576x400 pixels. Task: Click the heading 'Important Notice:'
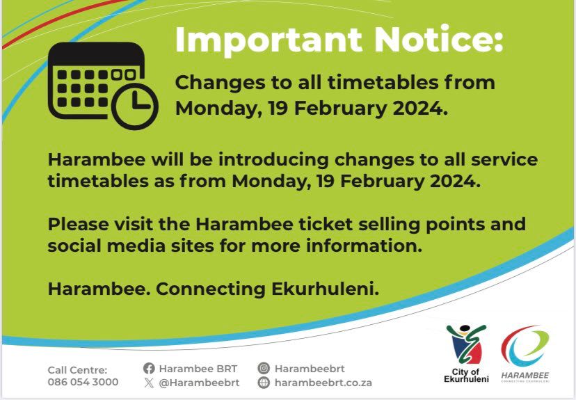[338, 40]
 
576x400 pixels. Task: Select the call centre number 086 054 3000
[83, 382]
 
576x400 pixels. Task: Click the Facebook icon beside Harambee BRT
[149, 369]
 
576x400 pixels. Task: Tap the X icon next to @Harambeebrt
[149, 382]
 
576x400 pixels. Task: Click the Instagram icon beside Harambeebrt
[264, 369]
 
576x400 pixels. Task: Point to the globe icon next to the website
[264, 383]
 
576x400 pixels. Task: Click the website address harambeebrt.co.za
[323, 383]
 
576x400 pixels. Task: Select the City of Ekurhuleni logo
[467, 353]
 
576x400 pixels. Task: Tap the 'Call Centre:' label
[77, 369]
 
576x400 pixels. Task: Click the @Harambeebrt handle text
[200, 382]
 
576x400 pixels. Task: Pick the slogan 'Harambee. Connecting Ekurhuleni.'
[214, 289]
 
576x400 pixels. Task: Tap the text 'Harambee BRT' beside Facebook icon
[198, 369]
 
